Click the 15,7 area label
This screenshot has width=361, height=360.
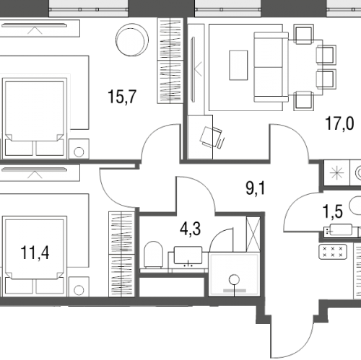tap(122, 97)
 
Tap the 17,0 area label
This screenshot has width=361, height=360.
tap(339, 123)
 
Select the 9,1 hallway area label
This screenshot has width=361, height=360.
tap(256, 188)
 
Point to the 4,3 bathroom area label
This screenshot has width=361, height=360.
tap(190, 229)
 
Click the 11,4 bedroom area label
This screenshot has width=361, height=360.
tap(35, 253)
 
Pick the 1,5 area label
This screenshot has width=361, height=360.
tap(333, 211)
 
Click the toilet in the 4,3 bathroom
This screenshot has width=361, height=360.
tap(153, 255)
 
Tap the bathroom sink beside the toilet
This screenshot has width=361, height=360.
tap(188, 255)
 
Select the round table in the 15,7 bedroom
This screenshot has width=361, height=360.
tap(132, 40)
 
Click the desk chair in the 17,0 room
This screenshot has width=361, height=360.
tap(212, 137)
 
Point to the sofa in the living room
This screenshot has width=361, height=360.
tap(271, 67)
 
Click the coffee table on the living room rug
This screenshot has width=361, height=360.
tap(238, 65)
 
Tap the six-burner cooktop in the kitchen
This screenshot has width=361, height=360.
tap(333, 252)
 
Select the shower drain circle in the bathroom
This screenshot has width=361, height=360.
tap(234, 280)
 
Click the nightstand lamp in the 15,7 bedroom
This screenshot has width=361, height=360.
tap(79, 152)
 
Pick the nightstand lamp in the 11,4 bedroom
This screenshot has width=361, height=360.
tap(79, 290)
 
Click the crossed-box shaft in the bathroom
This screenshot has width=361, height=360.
tap(253, 234)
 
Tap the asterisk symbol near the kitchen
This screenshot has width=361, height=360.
tap(336, 173)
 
